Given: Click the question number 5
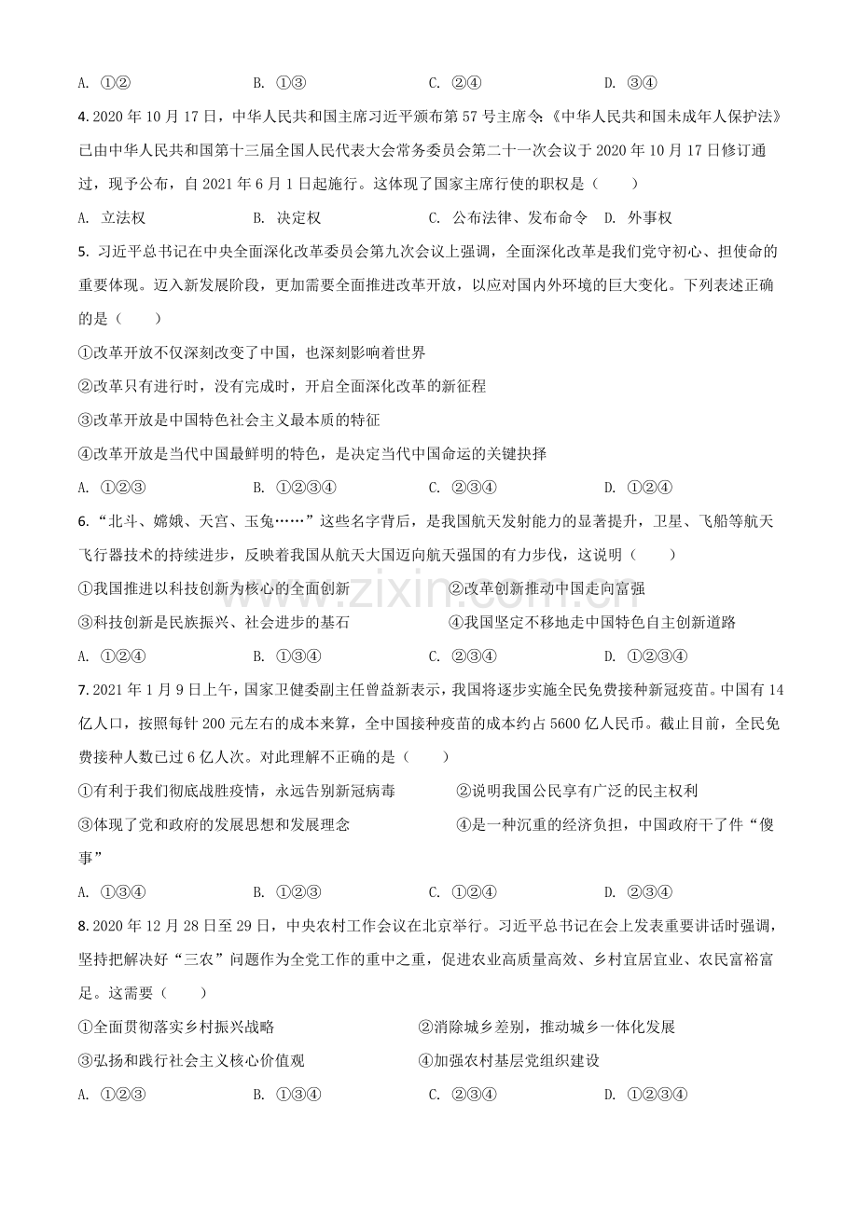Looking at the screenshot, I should pyautogui.click(x=83, y=252).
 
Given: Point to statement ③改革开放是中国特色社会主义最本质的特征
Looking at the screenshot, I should pyautogui.click(x=229, y=421).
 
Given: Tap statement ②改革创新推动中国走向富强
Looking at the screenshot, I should pyautogui.click(x=547, y=588).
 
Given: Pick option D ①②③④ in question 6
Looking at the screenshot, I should pyautogui.click(x=657, y=655).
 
